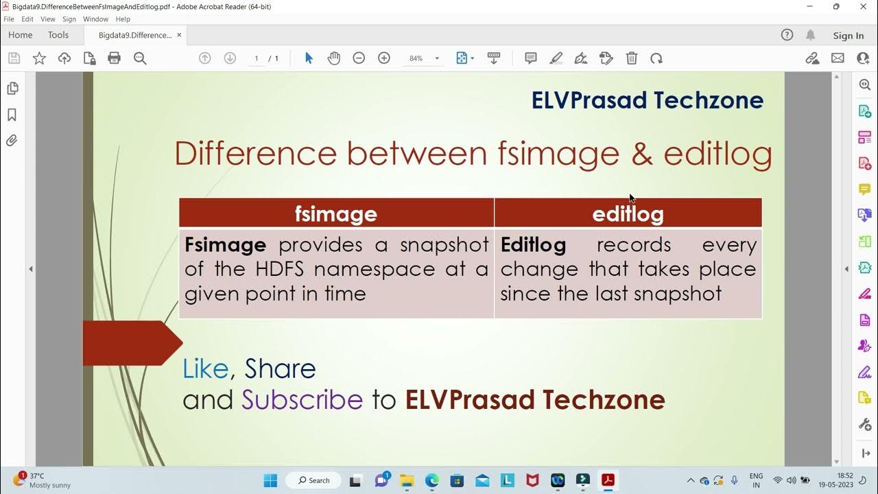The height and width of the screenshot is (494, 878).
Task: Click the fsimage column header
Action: pos(336,213)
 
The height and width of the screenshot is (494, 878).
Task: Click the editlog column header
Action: pos(628,213)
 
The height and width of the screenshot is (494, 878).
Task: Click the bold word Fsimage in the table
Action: pos(225,245)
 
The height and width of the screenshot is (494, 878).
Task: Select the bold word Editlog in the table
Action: pos(533,245)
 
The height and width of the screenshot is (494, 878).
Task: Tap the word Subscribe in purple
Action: pos(302,399)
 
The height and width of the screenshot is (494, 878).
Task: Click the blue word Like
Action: pos(205,369)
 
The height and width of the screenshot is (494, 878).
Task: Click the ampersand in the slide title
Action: pos(641,154)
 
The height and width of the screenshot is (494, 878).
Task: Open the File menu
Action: pos(9,19)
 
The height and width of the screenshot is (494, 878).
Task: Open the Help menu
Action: pos(123,19)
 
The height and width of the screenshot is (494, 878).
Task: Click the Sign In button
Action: pos(848,36)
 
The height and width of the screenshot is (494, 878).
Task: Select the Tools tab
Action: pos(58,35)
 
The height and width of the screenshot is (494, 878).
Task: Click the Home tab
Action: pos(21,35)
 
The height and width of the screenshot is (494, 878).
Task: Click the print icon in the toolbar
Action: pos(115,58)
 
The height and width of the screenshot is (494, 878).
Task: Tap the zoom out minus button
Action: pos(359,58)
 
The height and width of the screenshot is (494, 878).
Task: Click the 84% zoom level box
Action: pos(416,58)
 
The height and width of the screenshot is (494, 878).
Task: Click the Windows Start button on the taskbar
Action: pos(270,480)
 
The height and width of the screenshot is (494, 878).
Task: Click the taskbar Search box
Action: pos(314,480)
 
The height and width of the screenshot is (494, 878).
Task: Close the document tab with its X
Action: pos(179,35)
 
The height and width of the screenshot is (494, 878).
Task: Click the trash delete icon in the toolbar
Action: pos(632,58)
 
